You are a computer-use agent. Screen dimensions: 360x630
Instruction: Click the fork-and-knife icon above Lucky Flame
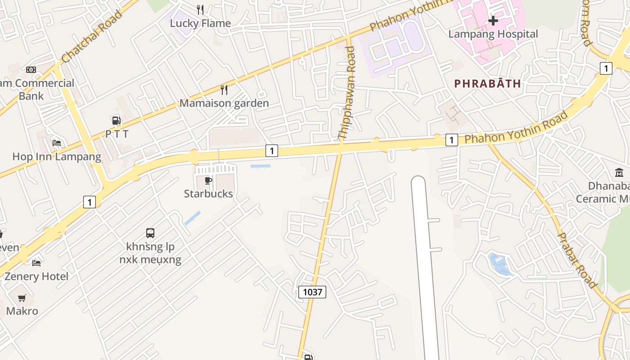200,9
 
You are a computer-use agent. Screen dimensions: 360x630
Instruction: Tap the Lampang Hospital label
493,34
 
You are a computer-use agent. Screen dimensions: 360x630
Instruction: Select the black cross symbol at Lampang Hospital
493,21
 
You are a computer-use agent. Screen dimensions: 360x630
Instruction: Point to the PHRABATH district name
487,84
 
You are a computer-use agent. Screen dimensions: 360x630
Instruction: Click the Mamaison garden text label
224,103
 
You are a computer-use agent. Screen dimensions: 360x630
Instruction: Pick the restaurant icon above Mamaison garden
224,90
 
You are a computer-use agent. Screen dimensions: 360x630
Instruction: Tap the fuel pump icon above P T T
117,121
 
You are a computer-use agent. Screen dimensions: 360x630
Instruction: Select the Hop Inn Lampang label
57,157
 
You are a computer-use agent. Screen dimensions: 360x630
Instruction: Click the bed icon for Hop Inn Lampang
57,143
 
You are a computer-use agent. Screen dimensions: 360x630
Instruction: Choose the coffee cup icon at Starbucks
208,181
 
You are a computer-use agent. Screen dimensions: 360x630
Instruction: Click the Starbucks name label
208,194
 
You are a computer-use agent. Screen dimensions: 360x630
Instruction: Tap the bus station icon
150,233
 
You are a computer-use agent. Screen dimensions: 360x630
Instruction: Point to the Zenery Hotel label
36,276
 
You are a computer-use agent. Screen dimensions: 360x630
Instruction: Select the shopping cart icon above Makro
22,298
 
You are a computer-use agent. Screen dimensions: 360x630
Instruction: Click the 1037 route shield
312,292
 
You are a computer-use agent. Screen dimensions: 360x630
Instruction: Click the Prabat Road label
577,260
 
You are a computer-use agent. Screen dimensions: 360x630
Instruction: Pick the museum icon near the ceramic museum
619,173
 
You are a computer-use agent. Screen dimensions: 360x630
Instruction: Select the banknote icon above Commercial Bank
31,70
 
